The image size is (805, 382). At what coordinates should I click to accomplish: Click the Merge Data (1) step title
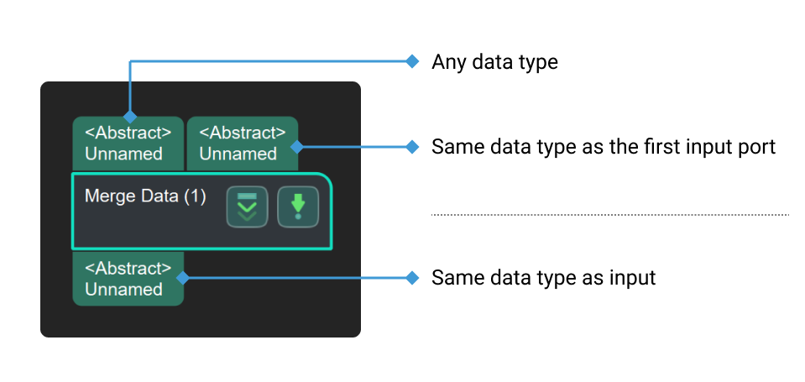click(144, 196)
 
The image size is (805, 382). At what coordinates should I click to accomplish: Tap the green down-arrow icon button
click(298, 207)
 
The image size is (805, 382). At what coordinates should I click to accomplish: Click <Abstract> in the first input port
click(128, 133)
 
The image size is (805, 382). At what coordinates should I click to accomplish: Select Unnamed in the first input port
click(123, 154)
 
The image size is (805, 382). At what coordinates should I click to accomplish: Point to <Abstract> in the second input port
click(243, 133)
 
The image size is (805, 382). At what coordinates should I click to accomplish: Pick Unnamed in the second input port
click(238, 154)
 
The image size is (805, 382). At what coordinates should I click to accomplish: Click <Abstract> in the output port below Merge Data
click(128, 268)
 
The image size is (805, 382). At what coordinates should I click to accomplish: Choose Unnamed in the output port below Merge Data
click(123, 289)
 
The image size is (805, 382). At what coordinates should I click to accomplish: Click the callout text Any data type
click(494, 62)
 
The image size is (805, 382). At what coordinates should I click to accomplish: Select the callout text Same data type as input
click(543, 277)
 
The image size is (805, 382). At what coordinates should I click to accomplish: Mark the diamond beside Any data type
click(411, 61)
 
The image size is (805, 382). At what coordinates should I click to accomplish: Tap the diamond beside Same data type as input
click(411, 277)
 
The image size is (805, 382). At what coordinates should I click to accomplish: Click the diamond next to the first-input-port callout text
click(411, 146)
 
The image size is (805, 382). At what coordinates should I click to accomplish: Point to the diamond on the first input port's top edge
click(128, 117)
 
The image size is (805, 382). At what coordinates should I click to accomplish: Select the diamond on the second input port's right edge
click(296, 146)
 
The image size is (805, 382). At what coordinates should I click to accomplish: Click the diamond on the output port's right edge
click(183, 277)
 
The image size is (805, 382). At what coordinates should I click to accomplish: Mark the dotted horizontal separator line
click(609, 215)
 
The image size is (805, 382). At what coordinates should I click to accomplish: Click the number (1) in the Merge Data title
click(194, 196)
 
